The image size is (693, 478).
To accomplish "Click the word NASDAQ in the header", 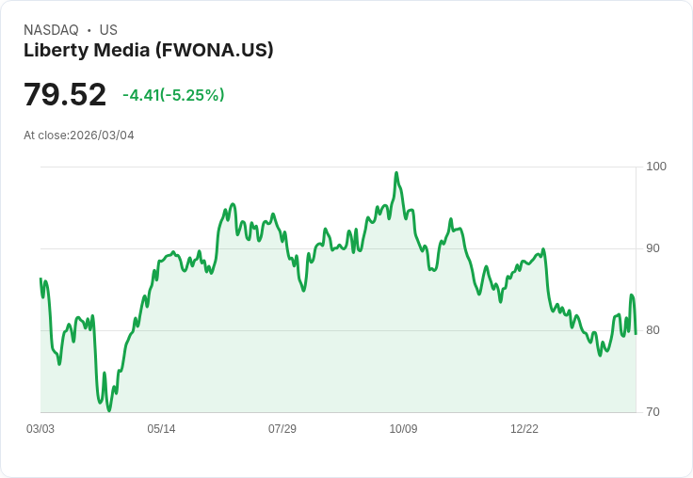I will (51, 30).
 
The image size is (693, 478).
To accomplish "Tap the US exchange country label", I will (108, 30).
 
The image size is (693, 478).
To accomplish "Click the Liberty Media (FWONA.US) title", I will (149, 50).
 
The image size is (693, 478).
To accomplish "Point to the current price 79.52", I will (65, 95).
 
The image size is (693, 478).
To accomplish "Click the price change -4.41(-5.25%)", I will (173, 95).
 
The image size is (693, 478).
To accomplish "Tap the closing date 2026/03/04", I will (102, 135).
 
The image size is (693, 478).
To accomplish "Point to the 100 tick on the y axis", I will (655, 167).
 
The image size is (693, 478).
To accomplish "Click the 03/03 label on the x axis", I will (40, 429).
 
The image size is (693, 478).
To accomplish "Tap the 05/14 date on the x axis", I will (161, 429).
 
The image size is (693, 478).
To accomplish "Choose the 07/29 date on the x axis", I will (282, 429).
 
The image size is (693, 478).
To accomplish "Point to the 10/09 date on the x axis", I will (403, 429).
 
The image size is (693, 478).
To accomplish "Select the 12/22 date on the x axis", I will (524, 429).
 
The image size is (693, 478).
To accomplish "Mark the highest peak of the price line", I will (396, 173).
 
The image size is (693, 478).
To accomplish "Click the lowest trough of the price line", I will (109, 410).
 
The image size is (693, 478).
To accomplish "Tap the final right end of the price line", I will (636, 333).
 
